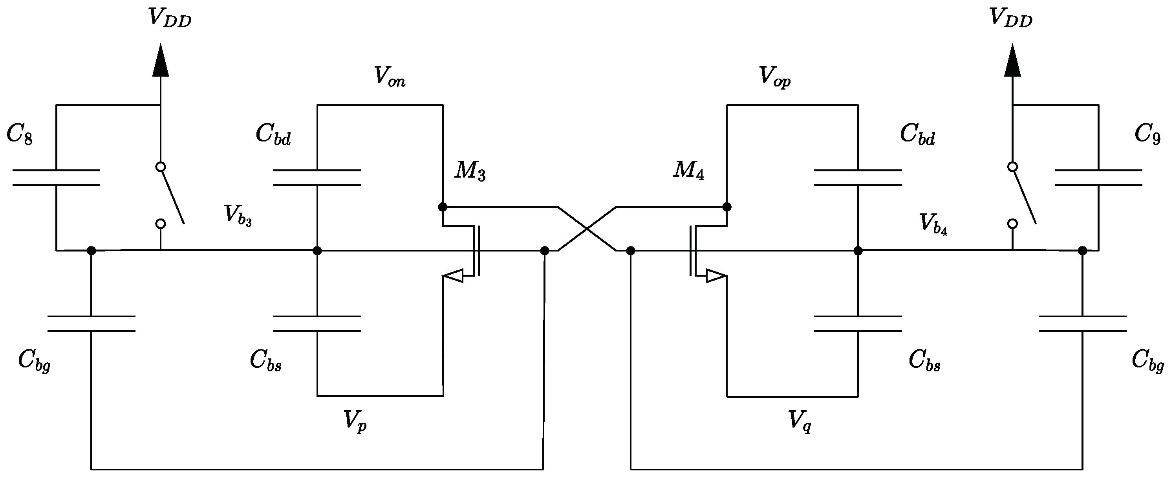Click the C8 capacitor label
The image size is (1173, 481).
point(20,135)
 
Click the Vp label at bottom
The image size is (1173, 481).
point(355,421)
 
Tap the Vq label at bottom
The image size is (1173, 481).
point(800,421)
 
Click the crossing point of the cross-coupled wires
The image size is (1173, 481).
point(587,229)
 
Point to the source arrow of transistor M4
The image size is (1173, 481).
point(716,275)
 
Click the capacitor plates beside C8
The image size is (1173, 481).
point(56,178)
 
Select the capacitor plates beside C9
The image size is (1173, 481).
point(1098,178)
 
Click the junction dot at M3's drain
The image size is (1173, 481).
point(442,207)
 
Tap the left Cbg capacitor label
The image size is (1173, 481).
point(34,361)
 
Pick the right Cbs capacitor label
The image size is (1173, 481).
point(924,361)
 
